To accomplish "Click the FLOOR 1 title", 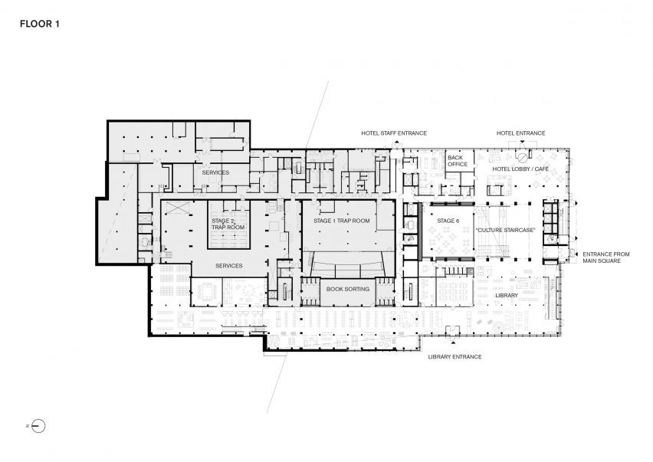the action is pos(40,25).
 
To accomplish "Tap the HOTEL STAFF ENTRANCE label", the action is pos(394,133).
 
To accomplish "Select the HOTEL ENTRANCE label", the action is pos(520,133).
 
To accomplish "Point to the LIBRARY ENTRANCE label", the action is pos(454,357).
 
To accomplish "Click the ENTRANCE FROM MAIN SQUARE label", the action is pos(606,257).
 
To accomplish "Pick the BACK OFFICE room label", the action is pos(458,161).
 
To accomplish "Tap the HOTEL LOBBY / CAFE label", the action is pos(520,169).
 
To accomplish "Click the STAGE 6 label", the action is pos(448,221).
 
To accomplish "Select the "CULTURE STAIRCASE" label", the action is pos(505,230).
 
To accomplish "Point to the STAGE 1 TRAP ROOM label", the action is pos(342,221).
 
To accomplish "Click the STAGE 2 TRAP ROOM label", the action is pos(228,224).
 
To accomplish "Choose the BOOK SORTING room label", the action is pos(348,289).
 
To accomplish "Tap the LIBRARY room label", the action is pos(507,295).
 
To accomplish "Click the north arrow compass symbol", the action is pos(38,426).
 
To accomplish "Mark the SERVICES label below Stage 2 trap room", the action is pos(229,266).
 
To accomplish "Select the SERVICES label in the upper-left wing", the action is pos(215,172).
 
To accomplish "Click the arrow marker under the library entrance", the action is pos(453,342).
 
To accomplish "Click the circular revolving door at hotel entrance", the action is pos(522,158).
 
